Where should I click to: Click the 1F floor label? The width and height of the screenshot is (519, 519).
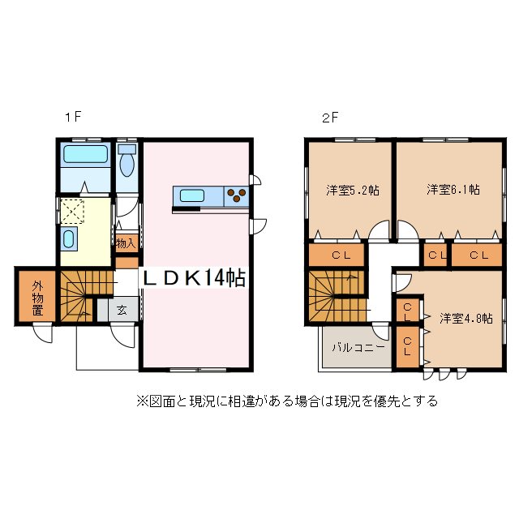coord(73,117)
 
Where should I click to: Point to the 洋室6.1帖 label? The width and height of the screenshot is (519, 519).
coord(453,190)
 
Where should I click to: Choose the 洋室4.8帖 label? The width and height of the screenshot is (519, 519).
coord(466,319)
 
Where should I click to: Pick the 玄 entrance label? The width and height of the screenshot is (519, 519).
coord(120,309)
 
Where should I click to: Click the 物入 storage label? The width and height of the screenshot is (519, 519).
coord(125,243)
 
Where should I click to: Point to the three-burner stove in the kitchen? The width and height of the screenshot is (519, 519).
coord(237,195)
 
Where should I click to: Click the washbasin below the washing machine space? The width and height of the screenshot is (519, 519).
coord(69,239)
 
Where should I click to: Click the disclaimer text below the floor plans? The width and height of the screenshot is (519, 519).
coord(287,401)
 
